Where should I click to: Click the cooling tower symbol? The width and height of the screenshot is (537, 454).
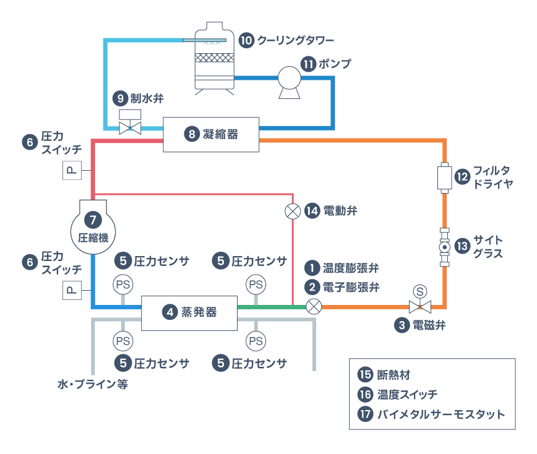coord(215,59)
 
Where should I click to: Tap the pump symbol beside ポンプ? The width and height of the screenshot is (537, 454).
coord(289,81)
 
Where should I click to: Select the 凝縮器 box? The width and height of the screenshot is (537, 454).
coord(211,134)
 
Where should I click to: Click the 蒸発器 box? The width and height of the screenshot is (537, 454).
coord(189,312)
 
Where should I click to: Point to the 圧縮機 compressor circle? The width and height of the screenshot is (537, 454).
coord(92,229)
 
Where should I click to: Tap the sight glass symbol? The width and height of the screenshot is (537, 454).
coord(444,247)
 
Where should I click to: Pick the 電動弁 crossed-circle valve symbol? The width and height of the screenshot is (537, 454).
coord(292,211)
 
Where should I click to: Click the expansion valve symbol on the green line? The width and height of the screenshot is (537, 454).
coord(314,306)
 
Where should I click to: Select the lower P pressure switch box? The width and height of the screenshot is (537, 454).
coord(72,289)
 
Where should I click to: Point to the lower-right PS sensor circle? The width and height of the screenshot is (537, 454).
coord(256,340)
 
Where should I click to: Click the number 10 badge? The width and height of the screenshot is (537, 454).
coord(246,41)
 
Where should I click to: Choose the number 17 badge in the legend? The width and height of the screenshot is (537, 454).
coord(365,414)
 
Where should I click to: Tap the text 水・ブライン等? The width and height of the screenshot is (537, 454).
coord(92,384)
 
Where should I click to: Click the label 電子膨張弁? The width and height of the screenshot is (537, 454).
coord(351,287)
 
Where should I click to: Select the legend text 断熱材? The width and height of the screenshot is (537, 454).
coord(394,374)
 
